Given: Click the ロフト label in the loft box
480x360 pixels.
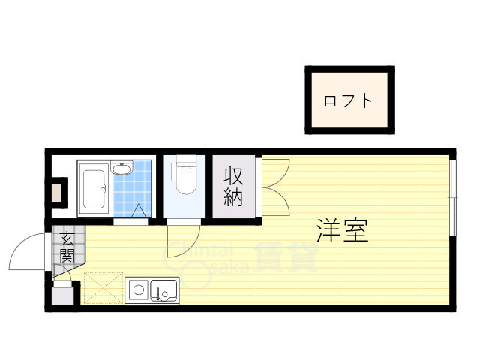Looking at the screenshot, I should (348, 100).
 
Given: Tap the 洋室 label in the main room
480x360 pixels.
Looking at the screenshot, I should (342, 231).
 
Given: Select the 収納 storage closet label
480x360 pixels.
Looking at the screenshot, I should (234, 187).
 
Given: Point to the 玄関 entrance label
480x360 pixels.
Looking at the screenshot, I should (67, 247).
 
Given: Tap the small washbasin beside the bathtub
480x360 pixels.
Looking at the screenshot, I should (122, 169).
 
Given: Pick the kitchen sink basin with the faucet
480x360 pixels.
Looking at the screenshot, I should (164, 289).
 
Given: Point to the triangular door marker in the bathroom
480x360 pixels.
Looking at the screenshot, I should (139, 213).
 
